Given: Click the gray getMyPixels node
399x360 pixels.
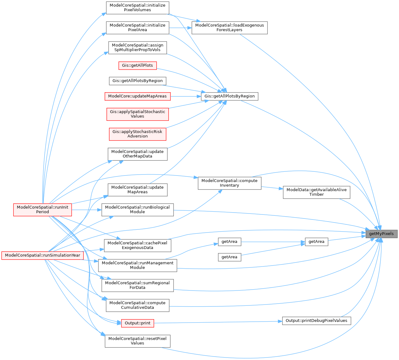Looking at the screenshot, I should coord(381,234).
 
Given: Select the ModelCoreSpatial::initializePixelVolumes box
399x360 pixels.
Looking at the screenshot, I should coord(137,7).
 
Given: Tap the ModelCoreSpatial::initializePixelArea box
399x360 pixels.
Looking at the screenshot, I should coord(137,27).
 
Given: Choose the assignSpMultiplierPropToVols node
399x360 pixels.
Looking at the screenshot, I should coord(137,47).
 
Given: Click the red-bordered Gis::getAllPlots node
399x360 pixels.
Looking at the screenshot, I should coord(137,65).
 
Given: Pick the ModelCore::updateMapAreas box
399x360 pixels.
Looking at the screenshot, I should coord(137,96).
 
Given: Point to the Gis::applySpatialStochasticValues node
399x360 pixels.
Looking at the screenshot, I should coord(137,114).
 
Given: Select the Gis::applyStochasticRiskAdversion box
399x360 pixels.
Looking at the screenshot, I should coord(137,134).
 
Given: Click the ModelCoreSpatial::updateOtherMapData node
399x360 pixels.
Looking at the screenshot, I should coord(137,154).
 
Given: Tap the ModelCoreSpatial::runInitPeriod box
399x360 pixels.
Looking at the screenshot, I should coord(42,209).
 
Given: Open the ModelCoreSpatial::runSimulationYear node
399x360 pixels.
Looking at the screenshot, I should coord(42,255).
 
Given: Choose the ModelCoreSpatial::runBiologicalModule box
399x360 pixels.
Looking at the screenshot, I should coord(137,209).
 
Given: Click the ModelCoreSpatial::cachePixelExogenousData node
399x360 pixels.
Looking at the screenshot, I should coord(137,245).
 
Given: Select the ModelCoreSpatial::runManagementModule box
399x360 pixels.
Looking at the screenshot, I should coord(137,265).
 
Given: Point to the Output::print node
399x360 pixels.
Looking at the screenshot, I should coord(137,323).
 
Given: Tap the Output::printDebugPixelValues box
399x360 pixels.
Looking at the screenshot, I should coord(316,321).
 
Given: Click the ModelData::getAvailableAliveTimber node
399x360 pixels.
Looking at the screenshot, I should coord(316,192).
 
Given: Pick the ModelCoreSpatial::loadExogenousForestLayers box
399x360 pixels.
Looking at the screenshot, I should coord(229,27).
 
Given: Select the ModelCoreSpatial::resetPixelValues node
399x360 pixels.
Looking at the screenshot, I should coord(137,341).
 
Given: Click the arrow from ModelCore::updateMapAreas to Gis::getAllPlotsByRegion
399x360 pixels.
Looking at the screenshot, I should coord(186,96).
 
